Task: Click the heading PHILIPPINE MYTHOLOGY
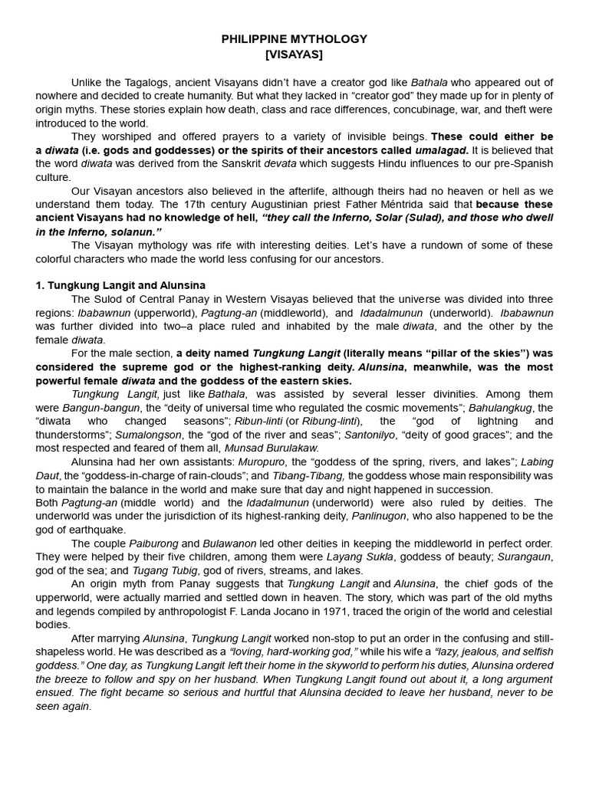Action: pos(294,38)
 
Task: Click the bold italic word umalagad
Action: pos(441,150)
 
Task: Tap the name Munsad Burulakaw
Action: pos(274,448)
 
